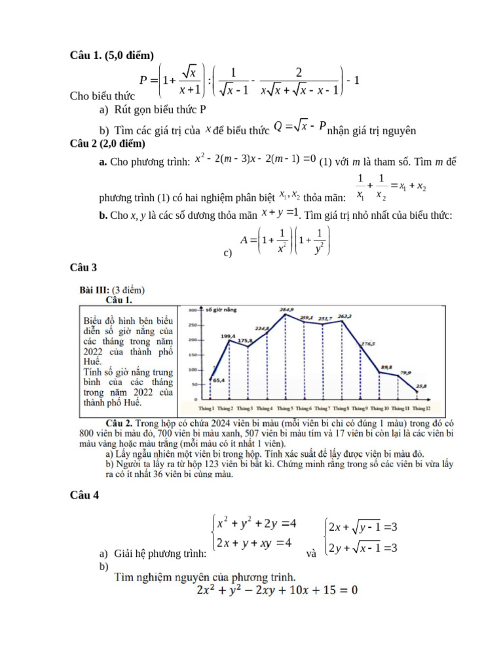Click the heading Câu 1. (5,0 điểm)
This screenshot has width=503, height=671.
click(112, 55)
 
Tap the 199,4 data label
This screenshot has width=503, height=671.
click(228, 336)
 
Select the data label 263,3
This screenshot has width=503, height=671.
click(345, 316)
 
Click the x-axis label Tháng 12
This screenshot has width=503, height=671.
click(422, 408)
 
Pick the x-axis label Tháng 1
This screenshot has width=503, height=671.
click(207, 408)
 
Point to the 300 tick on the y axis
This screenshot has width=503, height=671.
click(194, 309)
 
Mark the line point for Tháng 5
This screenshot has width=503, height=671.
click(285, 315)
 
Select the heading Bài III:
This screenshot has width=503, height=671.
click(94, 290)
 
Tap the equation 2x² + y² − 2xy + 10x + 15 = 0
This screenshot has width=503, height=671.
click(277, 590)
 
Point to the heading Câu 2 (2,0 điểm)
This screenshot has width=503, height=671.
click(108, 144)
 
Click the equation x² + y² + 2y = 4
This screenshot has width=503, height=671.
click(257, 523)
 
